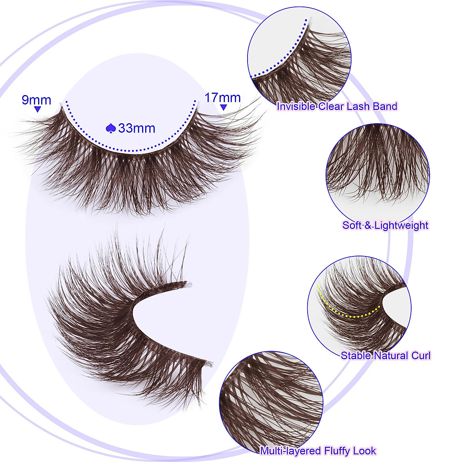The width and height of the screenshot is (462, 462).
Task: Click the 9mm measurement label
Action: (36, 100)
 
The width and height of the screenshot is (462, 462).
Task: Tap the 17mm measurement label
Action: (222, 97)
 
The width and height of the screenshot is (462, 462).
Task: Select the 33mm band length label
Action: (137, 128)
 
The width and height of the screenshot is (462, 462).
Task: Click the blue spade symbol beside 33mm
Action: (110, 128)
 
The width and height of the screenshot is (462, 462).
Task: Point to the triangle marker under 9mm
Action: (37, 110)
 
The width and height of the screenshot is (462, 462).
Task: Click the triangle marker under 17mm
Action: (223, 108)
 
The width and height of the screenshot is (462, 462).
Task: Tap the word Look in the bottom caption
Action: (366, 451)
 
